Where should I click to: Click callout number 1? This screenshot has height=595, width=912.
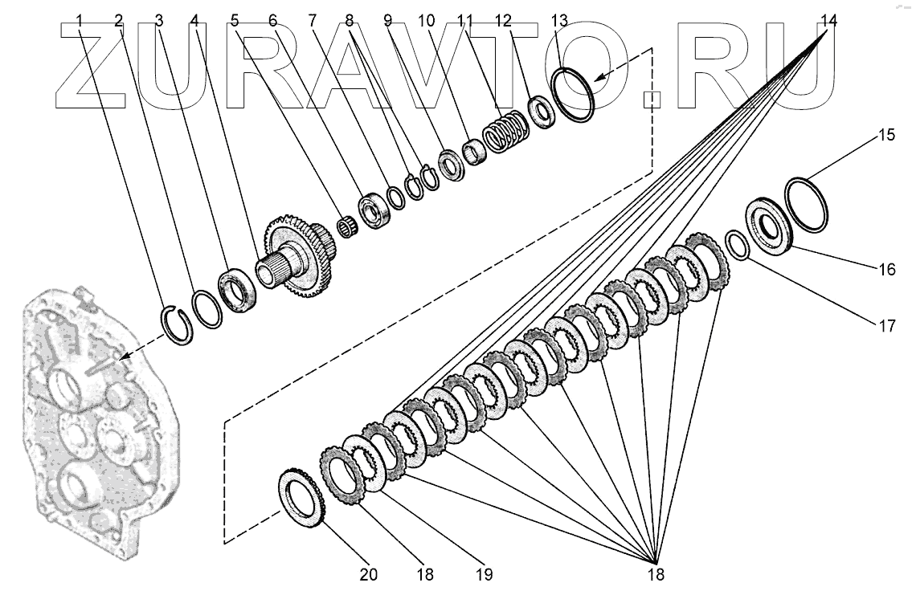pos(80,21)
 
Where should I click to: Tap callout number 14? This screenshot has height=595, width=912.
pos(828,21)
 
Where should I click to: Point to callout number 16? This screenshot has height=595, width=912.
pos(886,269)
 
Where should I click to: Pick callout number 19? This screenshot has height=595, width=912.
pos(484,574)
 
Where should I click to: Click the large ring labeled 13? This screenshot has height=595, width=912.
pos(574,96)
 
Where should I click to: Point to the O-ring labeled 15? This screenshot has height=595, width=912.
pos(806,206)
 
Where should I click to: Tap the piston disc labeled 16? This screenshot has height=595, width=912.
pos(769,226)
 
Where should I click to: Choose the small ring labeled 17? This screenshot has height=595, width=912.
pos(738,245)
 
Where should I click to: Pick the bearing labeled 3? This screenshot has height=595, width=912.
pos(239,290)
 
